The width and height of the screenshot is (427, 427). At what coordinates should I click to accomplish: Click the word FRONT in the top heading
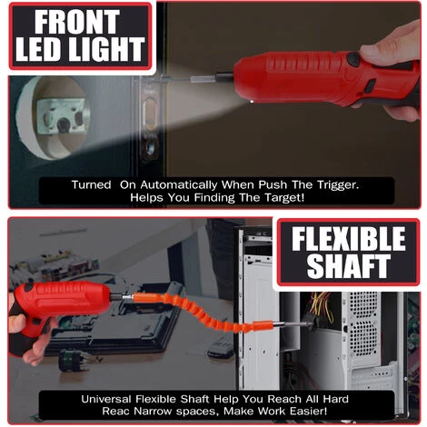point(76,22)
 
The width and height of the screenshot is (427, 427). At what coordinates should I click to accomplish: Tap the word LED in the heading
point(39,49)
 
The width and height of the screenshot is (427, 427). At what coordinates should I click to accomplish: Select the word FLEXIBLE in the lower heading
point(349,239)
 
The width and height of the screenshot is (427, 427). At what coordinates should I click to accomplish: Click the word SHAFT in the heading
point(349,266)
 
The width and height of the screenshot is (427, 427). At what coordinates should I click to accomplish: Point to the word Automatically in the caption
point(179,184)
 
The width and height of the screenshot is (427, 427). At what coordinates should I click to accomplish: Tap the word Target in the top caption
point(284,198)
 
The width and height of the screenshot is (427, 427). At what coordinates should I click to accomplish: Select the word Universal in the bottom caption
point(105,399)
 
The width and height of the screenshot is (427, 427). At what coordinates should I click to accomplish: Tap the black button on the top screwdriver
point(353,59)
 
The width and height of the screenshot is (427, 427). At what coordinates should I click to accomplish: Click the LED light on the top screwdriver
point(251,104)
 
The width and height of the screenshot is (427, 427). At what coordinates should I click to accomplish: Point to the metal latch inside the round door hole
point(61,116)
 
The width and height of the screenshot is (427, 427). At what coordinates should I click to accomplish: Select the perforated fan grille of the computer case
point(362,324)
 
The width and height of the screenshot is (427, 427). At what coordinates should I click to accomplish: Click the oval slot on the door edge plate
point(150,111)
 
